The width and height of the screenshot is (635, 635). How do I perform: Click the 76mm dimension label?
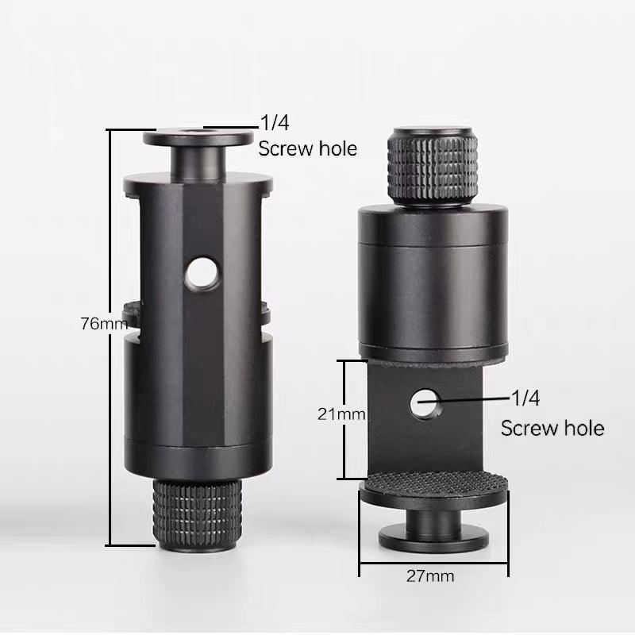[104, 324]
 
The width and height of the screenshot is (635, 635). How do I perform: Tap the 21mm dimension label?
[341, 414]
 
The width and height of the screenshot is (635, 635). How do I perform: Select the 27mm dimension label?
[430, 576]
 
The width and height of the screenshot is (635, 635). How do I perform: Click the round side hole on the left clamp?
[202, 273]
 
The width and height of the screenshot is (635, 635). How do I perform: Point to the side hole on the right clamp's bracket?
[425, 403]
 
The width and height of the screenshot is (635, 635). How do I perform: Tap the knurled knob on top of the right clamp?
[433, 167]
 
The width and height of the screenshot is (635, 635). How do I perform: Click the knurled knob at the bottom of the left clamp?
[198, 514]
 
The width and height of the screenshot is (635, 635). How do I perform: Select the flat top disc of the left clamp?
[198, 137]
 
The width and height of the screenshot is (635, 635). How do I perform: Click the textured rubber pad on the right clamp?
[433, 484]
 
